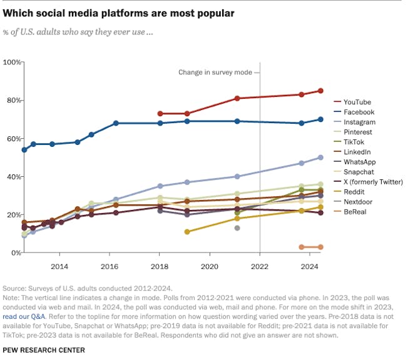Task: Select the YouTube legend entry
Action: pos(358,102)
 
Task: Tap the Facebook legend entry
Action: pos(359,112)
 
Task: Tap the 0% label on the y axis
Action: pos(15,252)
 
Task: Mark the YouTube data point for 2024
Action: pos(320,91)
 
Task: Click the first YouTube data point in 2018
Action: pos(160,114)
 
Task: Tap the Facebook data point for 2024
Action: pos(320,119)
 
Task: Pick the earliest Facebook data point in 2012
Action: pos(24,150)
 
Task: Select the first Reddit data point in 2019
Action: pos(187,231)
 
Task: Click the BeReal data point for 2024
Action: pos(320,247)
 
